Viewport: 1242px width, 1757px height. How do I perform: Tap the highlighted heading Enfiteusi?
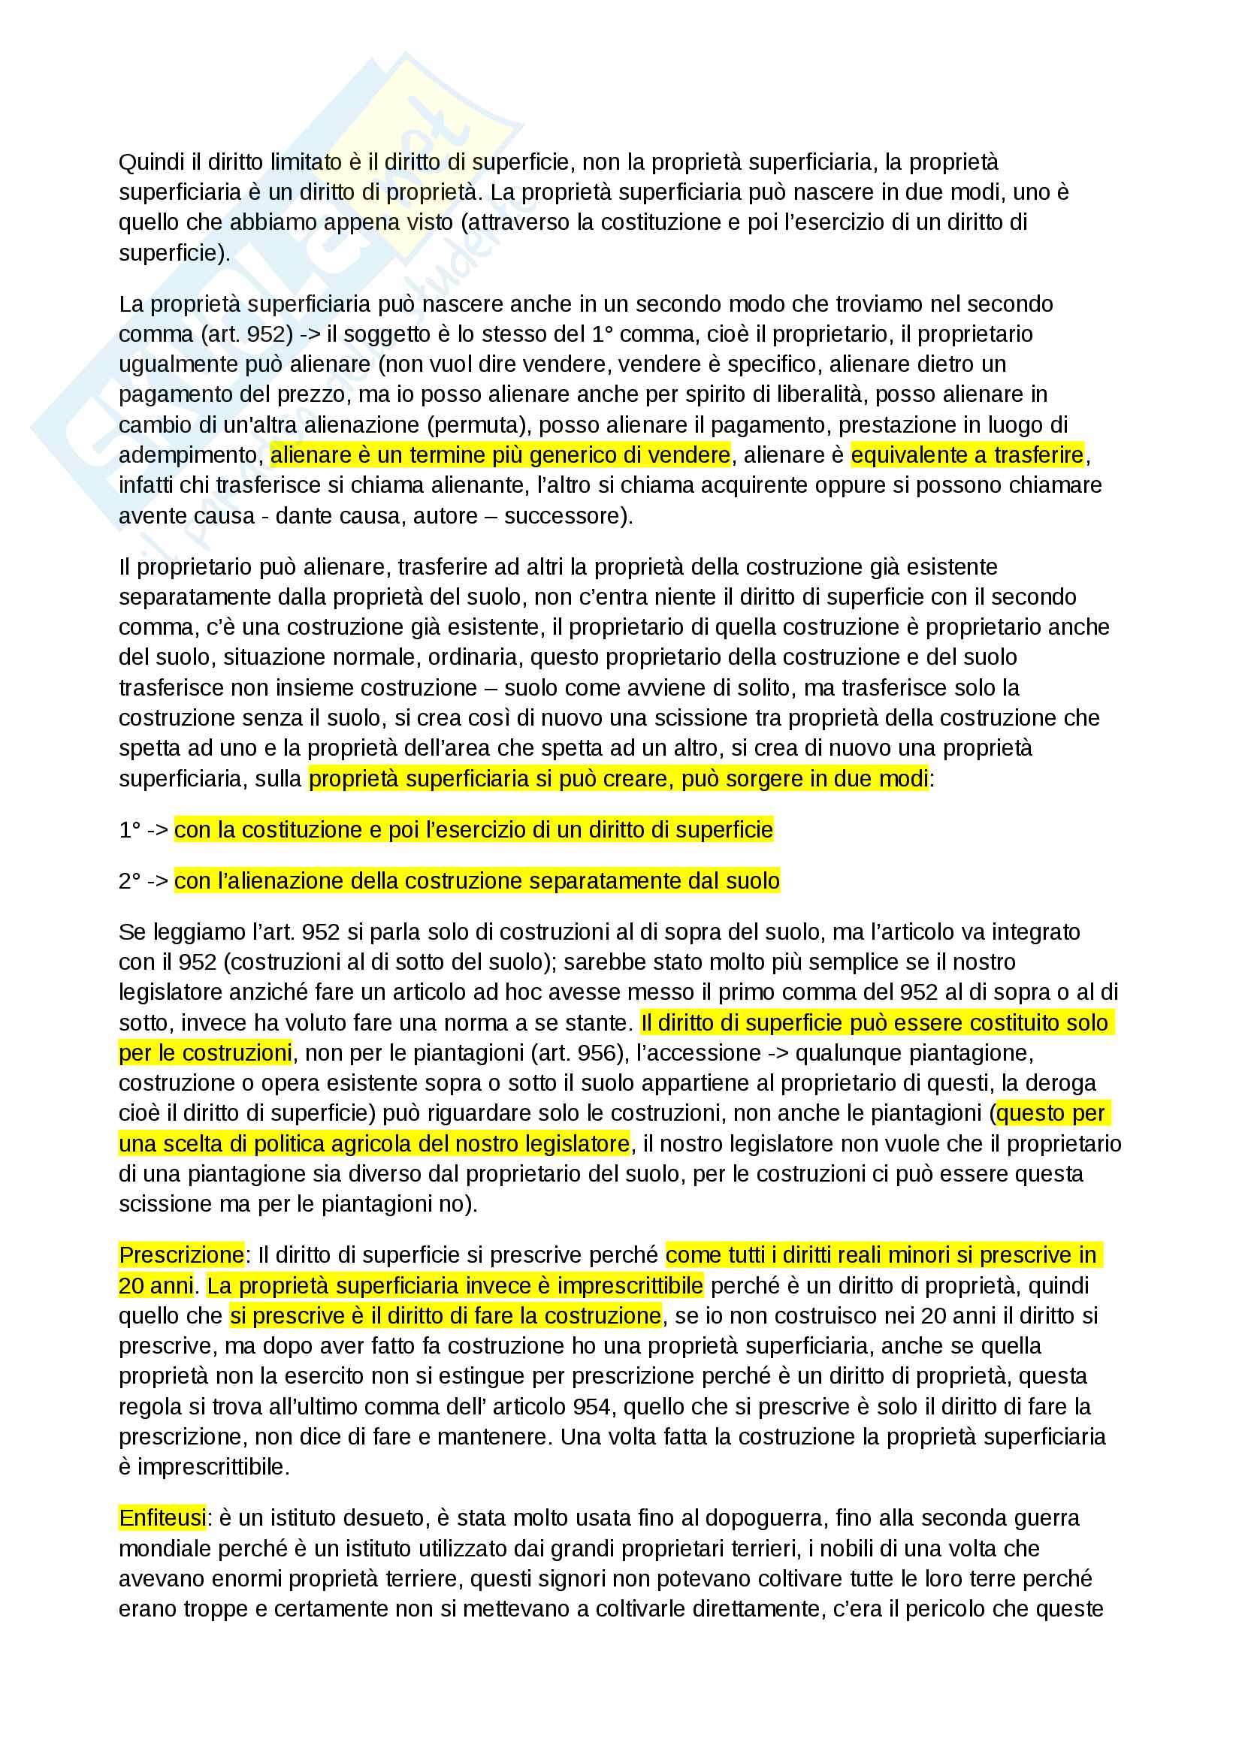(x=162, y=1517)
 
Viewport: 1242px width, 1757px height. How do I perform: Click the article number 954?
(x=588, y=1406)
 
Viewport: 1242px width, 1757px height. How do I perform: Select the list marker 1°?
(x=130, y=830)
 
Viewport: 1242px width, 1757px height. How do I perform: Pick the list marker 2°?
(x=130, y=882)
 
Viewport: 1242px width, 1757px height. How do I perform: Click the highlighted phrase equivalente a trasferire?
(x=967, y=455)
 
